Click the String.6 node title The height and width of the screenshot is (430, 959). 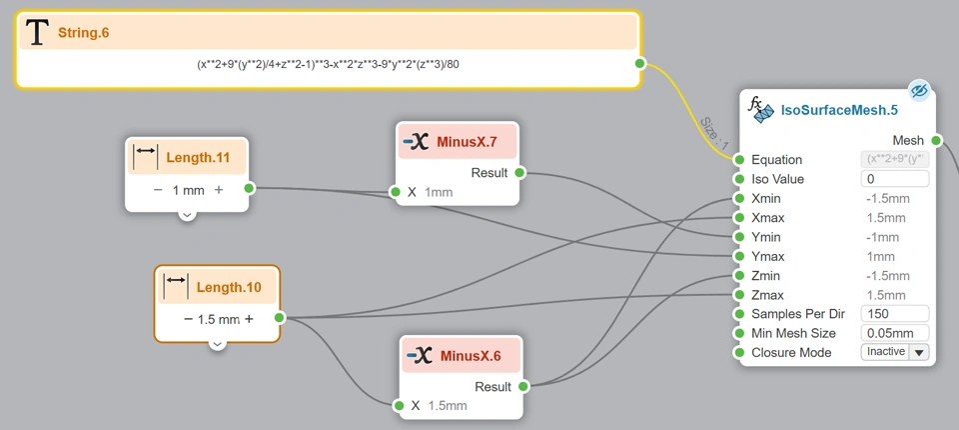click(x=84, y=33)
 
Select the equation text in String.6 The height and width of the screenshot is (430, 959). click(x=328, y=64)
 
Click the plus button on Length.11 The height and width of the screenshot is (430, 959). click(x=219, y=189)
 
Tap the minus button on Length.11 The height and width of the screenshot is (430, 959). click(x=158, y=189)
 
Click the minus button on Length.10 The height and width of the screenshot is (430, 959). click(x=188, y=319)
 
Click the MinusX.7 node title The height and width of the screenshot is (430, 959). click(x=466, y=142)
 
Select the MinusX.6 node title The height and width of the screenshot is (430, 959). click(x=470, y=356)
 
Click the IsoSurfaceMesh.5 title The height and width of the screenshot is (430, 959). click(x=839, y=110)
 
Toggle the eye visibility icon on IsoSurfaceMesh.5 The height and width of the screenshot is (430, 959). click(x=919, y=91)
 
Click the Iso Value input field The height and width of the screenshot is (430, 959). click(x=894, y=179)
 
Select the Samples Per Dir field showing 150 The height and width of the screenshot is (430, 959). click(x=894, y=313)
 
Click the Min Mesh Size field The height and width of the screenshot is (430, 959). click(x=894, y=333)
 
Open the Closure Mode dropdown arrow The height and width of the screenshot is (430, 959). click(x=919, y=352)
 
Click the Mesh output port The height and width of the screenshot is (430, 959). click(x=936, y=140)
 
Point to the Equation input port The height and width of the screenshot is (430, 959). click(x=739, y=160)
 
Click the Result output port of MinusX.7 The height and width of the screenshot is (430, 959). click(x=519, y=173)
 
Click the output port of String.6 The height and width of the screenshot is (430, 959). click(x=639, y=64)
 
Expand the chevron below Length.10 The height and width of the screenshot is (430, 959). click(x=217, y=345)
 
